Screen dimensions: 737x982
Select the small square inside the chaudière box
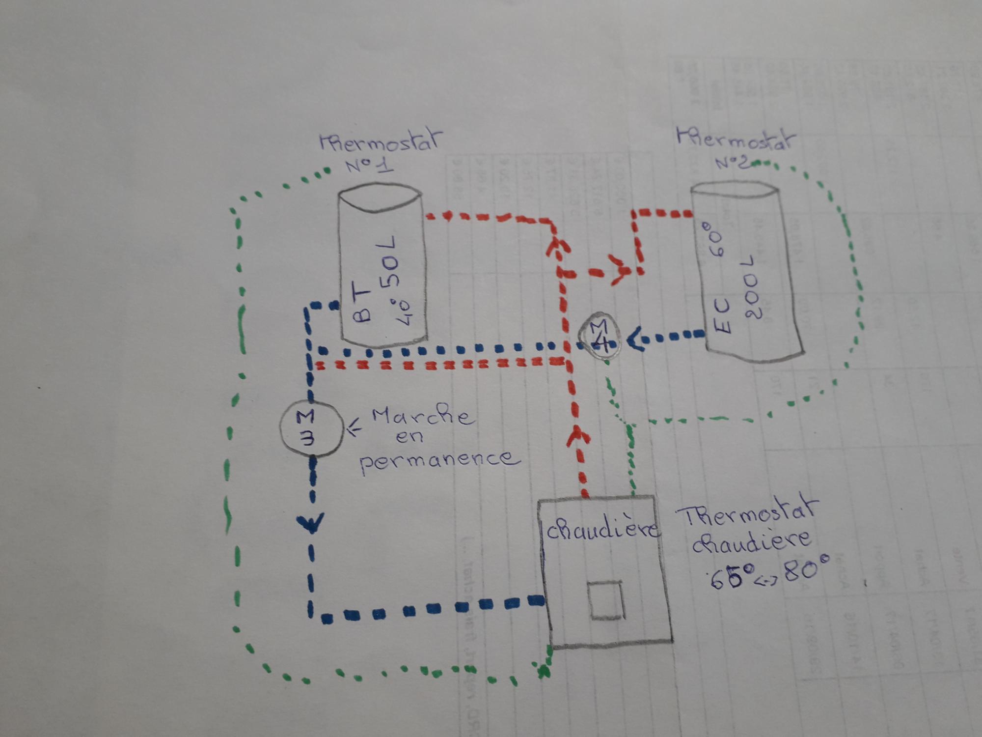[607, 600]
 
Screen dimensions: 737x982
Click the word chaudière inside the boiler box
[602, 531]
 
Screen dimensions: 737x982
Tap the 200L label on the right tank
[751, 287]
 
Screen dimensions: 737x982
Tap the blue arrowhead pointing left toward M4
[636, 339]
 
